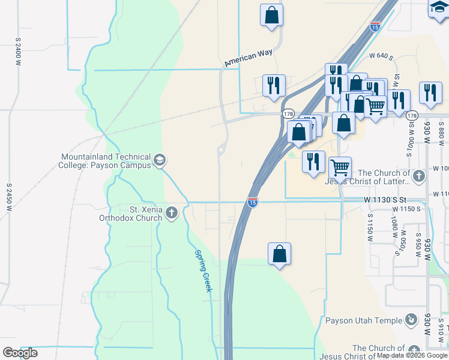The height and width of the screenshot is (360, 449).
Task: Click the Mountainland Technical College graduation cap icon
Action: pyautogui.click(x=160, y=160)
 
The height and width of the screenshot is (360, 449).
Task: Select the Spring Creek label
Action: pyautogui.click(x=203, y=271)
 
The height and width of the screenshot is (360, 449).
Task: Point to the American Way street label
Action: pyautogui.click(x=248, y=58)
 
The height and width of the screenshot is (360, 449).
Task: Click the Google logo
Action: pyautogui.click(x=20, y=353)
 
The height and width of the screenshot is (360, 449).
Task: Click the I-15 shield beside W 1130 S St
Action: pyautogui.click(x=253, y=202)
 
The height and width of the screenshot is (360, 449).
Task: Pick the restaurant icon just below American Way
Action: pyautogui.click(x=273, y=85)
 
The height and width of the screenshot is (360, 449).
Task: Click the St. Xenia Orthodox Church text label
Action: pyautogui.click(x=130, y=214)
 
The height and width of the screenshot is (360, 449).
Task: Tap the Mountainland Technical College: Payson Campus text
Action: pyautogui.click(x=106, y=161)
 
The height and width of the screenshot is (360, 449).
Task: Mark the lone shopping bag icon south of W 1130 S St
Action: pyautogui.click(x=279, y=254)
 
